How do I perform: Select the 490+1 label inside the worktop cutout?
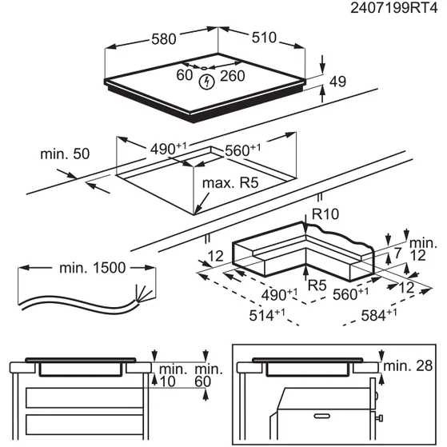click(170, 149)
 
